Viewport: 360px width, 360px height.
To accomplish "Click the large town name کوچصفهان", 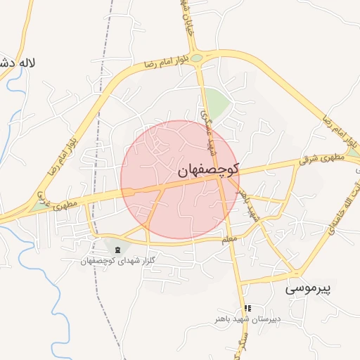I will tap(209, 169).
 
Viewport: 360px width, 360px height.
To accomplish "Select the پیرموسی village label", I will tap(307, 288).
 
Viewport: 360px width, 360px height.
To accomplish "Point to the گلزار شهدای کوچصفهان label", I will tap(117, 261).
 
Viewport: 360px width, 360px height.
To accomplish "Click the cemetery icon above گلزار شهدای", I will tap(117, 250).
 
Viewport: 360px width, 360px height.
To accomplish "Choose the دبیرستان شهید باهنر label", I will tap(247, 319).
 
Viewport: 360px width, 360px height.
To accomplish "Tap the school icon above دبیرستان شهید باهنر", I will tap(247, 308).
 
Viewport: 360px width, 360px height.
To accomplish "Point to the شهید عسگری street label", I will tap(210, 131).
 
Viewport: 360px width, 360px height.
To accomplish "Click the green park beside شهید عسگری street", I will tap(219, 104).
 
